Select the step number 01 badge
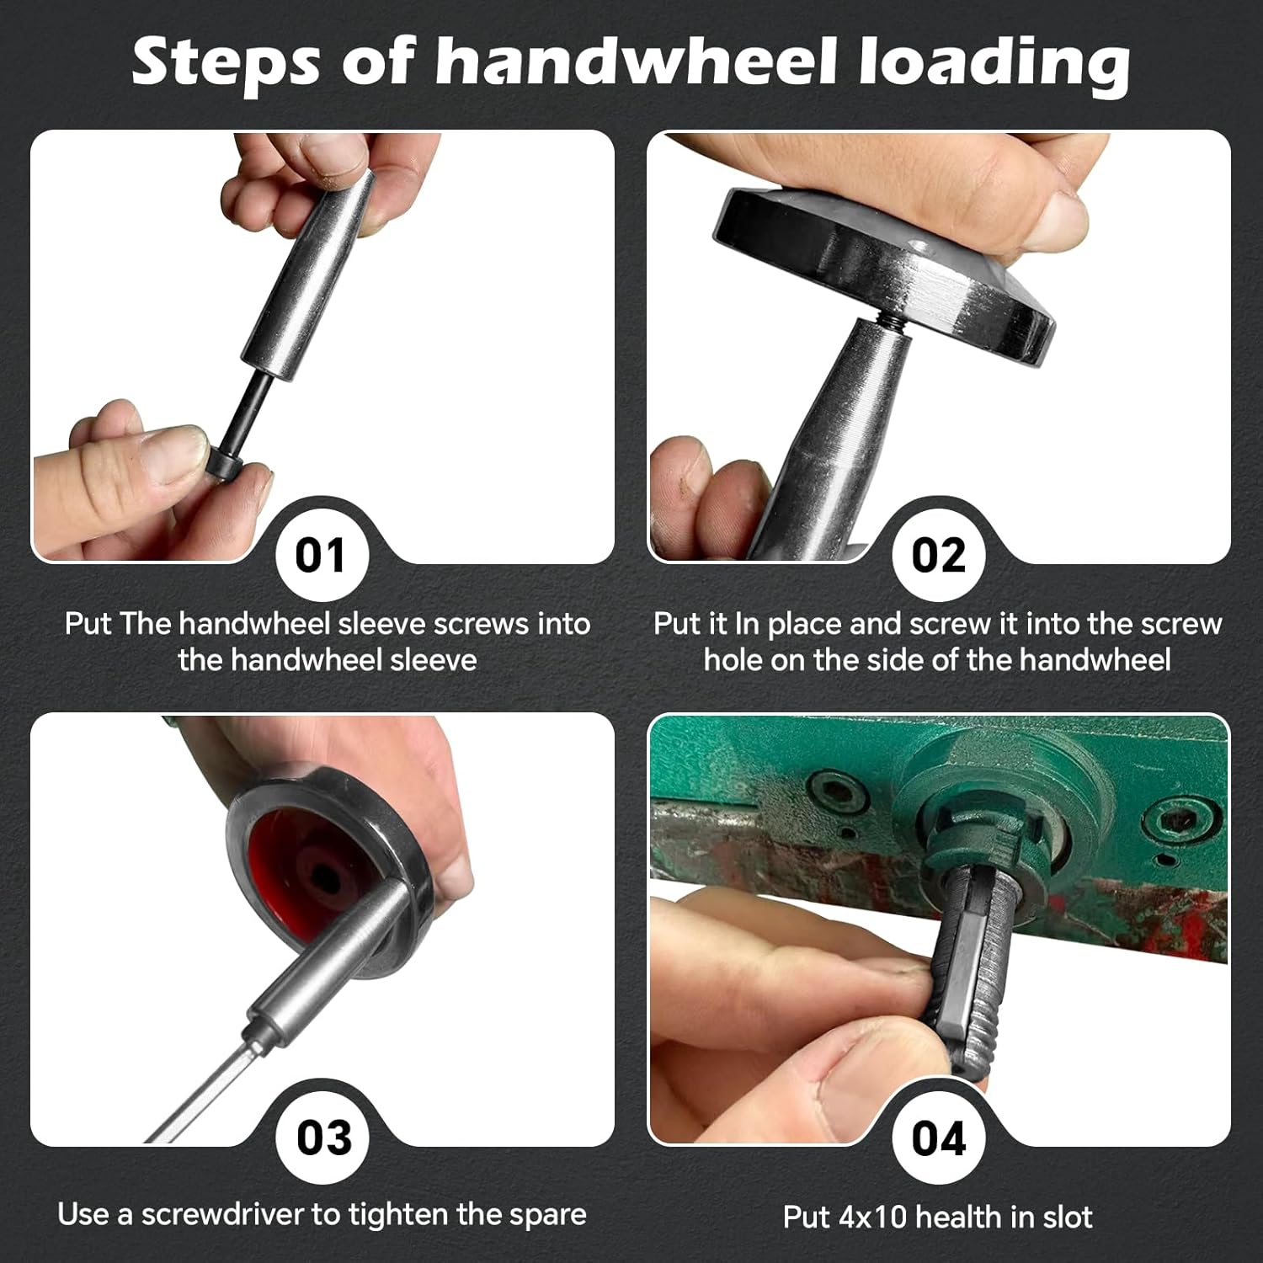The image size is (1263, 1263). [321, 556]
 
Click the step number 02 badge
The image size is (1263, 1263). [938, 556]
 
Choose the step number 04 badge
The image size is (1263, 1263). [938, 1138]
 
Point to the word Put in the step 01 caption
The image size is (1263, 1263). [88, 624]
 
